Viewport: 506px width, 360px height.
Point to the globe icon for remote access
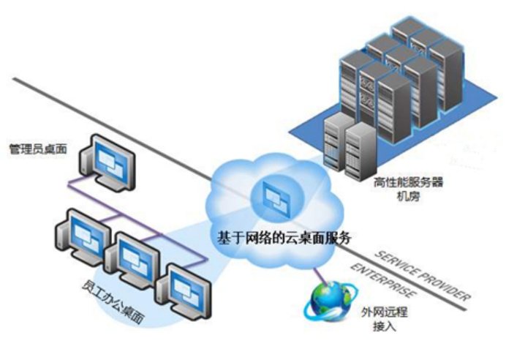pyautogui.click(x=327, y=301)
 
